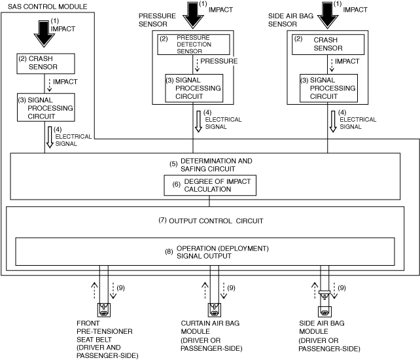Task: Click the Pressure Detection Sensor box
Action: (193, 45)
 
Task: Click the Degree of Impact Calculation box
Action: (209, 185)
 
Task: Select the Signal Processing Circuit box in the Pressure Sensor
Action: (194, 88)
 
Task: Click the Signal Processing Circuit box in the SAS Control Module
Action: (45, 107)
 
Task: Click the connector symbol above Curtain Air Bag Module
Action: (213, 309)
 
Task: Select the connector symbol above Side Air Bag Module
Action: (324, 310)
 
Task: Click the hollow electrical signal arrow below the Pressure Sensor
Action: (197, 120)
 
